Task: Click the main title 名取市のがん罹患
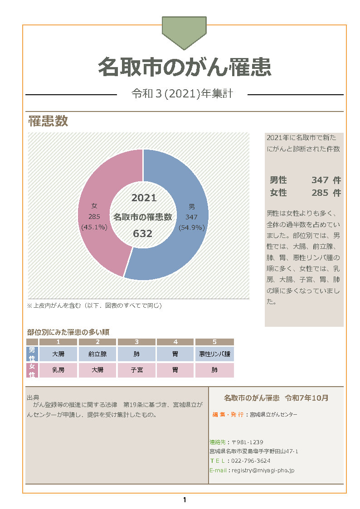(185, 67)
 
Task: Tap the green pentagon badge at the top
(184, 31)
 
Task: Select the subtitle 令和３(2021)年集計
(182, 94)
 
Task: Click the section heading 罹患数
(48, 121)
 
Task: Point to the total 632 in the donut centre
(142, 234)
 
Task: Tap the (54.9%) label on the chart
(191, 228)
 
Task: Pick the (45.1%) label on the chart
(94, 228)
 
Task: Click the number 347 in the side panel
(320, 180)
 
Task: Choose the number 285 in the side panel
(320, 193)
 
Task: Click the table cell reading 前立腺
(97, 354)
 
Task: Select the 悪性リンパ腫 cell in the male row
(214, 354)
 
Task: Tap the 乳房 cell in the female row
(58, 370)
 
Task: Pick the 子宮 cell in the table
(136, 370)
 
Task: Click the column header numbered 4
(175, 342)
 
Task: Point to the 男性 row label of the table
(32, 354)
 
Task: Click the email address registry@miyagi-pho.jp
(263, 470)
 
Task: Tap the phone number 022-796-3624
(251, 461)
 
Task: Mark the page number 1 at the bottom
(185, 500)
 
